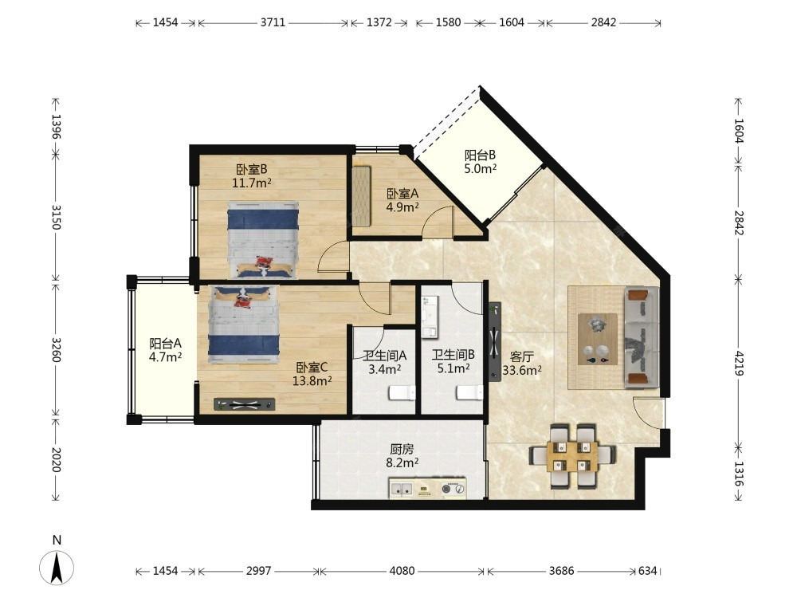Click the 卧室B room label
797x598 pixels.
252,169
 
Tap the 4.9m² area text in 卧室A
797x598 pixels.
402,207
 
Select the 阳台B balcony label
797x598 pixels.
480,155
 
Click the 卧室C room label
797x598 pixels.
312,367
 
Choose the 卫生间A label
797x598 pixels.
384,356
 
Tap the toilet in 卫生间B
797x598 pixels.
469,392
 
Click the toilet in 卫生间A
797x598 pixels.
402,392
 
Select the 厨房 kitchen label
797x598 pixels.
402,449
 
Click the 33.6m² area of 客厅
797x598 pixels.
522,370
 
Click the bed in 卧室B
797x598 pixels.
262,240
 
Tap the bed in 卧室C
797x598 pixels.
244,325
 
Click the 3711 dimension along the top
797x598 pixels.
273,22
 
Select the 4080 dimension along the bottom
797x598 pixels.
402,571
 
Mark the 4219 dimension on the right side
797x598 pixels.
739,363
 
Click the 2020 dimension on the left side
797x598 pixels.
56,460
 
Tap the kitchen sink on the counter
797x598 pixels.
401,490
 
